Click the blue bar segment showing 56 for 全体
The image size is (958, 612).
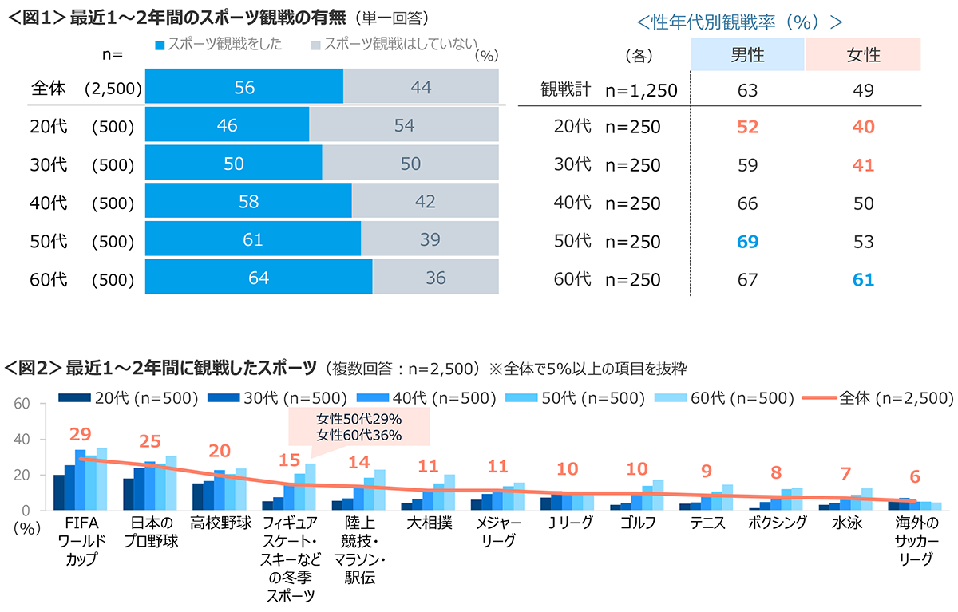click(x=244, y=88)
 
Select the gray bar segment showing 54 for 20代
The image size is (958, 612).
click(x=404, y=125)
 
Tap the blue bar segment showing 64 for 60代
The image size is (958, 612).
click(x=259, y=278)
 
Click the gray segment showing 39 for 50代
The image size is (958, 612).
click(x=430, y=240)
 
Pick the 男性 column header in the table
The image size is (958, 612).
click(x=747, y=55)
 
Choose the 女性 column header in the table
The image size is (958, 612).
click(x=863, y=55)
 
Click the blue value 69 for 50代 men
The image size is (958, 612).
click(x=747, y=242)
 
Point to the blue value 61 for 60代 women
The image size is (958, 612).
click(x=863, y=280)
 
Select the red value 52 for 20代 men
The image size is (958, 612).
click(x=747, y=127)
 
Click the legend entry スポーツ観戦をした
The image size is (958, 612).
click(x=220, y=45)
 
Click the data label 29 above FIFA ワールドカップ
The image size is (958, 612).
click(x=80, y=435)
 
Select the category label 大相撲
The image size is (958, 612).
click(x=428, y=524)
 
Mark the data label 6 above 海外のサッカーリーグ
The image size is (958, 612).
click(x=915, y=476)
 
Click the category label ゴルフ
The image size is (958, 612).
click(x=636, y=524)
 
